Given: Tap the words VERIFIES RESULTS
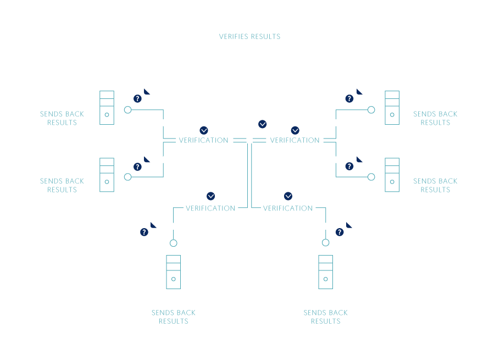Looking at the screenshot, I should point(249,37).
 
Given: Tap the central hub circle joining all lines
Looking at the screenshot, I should point(249,140).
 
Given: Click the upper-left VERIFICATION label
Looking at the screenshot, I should point(203,140).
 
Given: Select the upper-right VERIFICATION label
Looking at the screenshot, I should point(295,140).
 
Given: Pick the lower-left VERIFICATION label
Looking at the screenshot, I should point(210,208).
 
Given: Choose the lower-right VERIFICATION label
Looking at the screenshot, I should point(288,208).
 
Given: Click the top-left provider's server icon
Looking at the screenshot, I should point(107,108).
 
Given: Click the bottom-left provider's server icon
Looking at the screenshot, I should point(173,272).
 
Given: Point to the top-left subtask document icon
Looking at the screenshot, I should point(142,97).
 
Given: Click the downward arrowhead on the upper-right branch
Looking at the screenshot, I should point(336,123).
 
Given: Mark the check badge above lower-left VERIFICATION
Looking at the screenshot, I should point(210,196).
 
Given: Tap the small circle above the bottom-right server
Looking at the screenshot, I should point(326,243).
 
